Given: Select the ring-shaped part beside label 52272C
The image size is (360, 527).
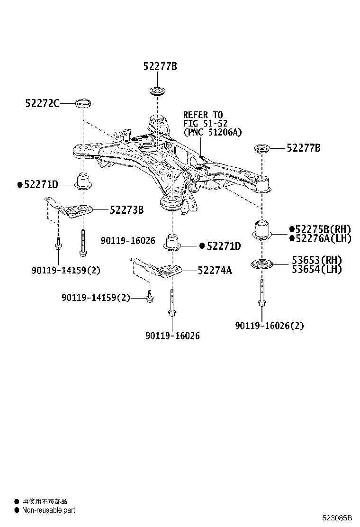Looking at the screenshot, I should pos(83,102).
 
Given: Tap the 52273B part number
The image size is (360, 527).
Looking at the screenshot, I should pos(126,209).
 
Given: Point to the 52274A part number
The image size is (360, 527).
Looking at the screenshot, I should pos(215,270).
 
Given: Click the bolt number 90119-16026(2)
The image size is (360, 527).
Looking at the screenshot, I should pos(270,326).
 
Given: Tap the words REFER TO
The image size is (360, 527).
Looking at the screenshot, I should pos(203,115).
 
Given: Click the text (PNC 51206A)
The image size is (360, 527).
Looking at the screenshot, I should pos(212,133).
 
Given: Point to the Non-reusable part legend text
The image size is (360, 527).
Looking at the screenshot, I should pos(48,510).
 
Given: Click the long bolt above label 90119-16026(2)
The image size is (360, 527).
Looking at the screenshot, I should pos(261,294).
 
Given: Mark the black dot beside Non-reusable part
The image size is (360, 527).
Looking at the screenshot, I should pos(17,510).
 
